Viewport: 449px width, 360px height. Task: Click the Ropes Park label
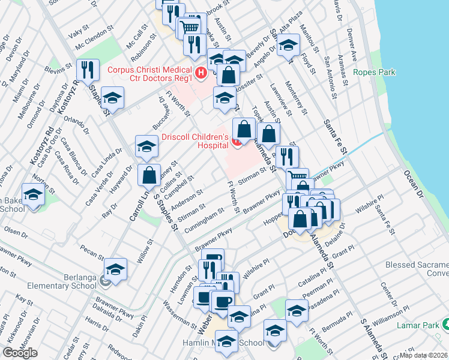click(x=375, y=73)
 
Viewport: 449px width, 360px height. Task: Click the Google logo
click(x=20, y=352)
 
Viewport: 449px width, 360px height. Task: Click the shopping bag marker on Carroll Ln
click(x=149, y=175)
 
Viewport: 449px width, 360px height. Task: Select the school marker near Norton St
click(x=34, y=195)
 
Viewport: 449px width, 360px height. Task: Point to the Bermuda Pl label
click(x=337, y=323)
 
